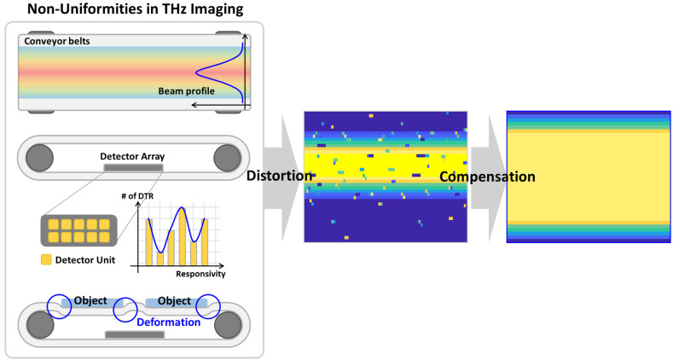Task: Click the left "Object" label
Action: pos(90,301)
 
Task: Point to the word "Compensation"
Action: pos(486,177)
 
